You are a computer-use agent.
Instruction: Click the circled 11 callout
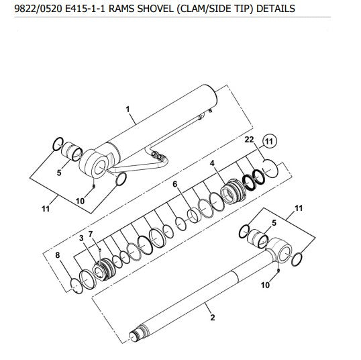(x=269, y=141)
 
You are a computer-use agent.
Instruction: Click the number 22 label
(x=249, y=140)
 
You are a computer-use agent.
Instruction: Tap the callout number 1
(x=127, y=109)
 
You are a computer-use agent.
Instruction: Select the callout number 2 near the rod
(x=213, y=318)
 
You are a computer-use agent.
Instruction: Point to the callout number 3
(x=81, y=238)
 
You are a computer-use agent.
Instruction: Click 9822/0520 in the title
(x=38, y=9)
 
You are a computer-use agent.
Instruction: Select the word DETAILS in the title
(x=276, y=9)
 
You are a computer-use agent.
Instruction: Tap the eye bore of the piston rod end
(x=285, y=253)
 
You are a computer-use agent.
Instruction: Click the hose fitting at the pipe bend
(x=158, y=156)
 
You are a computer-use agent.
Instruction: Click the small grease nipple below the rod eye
(x=278, y=271)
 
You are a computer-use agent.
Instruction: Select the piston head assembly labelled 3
(x=104, y=269)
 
